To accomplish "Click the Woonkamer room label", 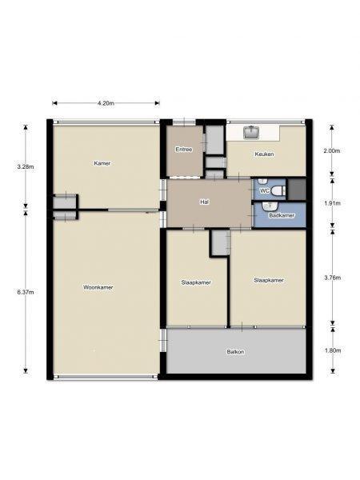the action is (x=98, y=287).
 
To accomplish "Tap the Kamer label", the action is (x=102, y=163).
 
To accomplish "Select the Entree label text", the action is (x=184, y=150).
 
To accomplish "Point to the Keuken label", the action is (x=265, y=154).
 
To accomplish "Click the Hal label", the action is (x=205, y=202).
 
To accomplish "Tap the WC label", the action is (x=265, y=191).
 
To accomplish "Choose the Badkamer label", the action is (x=282, y=215).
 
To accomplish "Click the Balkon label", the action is (x=235, y=352).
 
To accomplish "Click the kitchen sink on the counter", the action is (x=252, y=132).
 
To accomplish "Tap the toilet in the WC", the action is (x=278, y=191).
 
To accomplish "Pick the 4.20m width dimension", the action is (x=106, y=103).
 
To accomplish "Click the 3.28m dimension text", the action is (x=26, y=167).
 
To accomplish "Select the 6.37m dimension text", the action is (x=26, y=292).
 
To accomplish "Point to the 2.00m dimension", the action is (x=332, y=150).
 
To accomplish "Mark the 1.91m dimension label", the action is (x=333, y=203).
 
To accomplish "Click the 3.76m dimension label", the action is (x=333, y=278).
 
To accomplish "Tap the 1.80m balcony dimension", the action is (x=333, y=350).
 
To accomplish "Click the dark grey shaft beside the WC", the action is (x=297, y=189).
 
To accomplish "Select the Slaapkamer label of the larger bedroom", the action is (x=269, y=280).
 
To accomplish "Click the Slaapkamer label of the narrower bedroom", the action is (x=196, y=282).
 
